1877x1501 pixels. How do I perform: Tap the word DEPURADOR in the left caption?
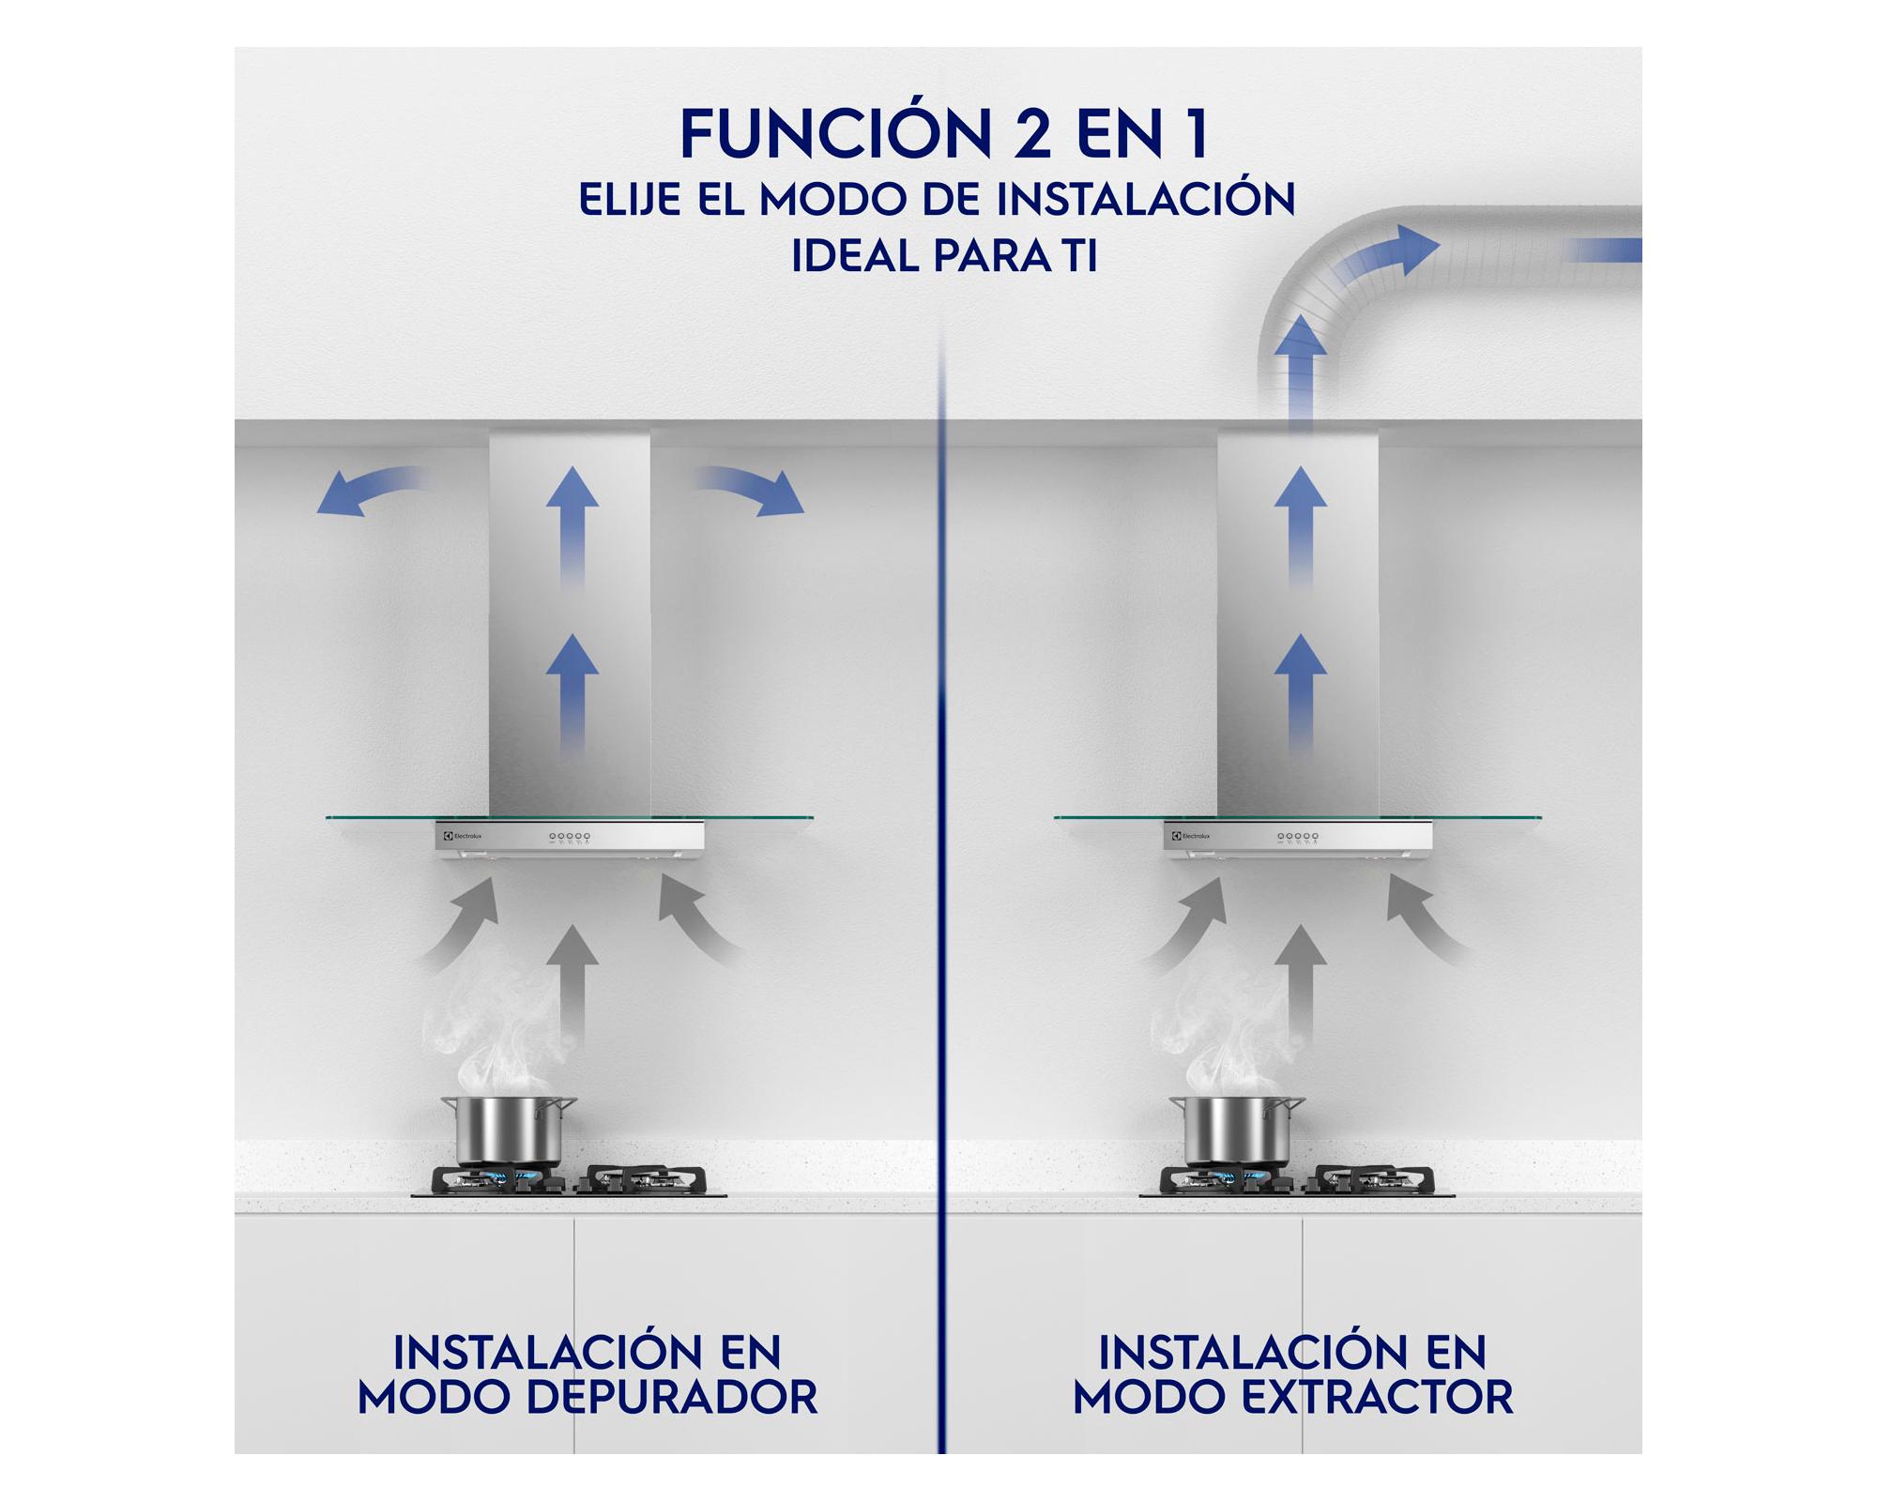pos(671,1399)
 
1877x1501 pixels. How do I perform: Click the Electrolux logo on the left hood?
pos(462,835)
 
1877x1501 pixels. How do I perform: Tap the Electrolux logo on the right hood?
pos(1190,835)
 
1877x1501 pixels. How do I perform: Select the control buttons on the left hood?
pos(569,836)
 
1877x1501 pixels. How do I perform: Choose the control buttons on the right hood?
pos(1297,836)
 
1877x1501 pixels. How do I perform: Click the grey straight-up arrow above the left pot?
pos(572,976)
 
